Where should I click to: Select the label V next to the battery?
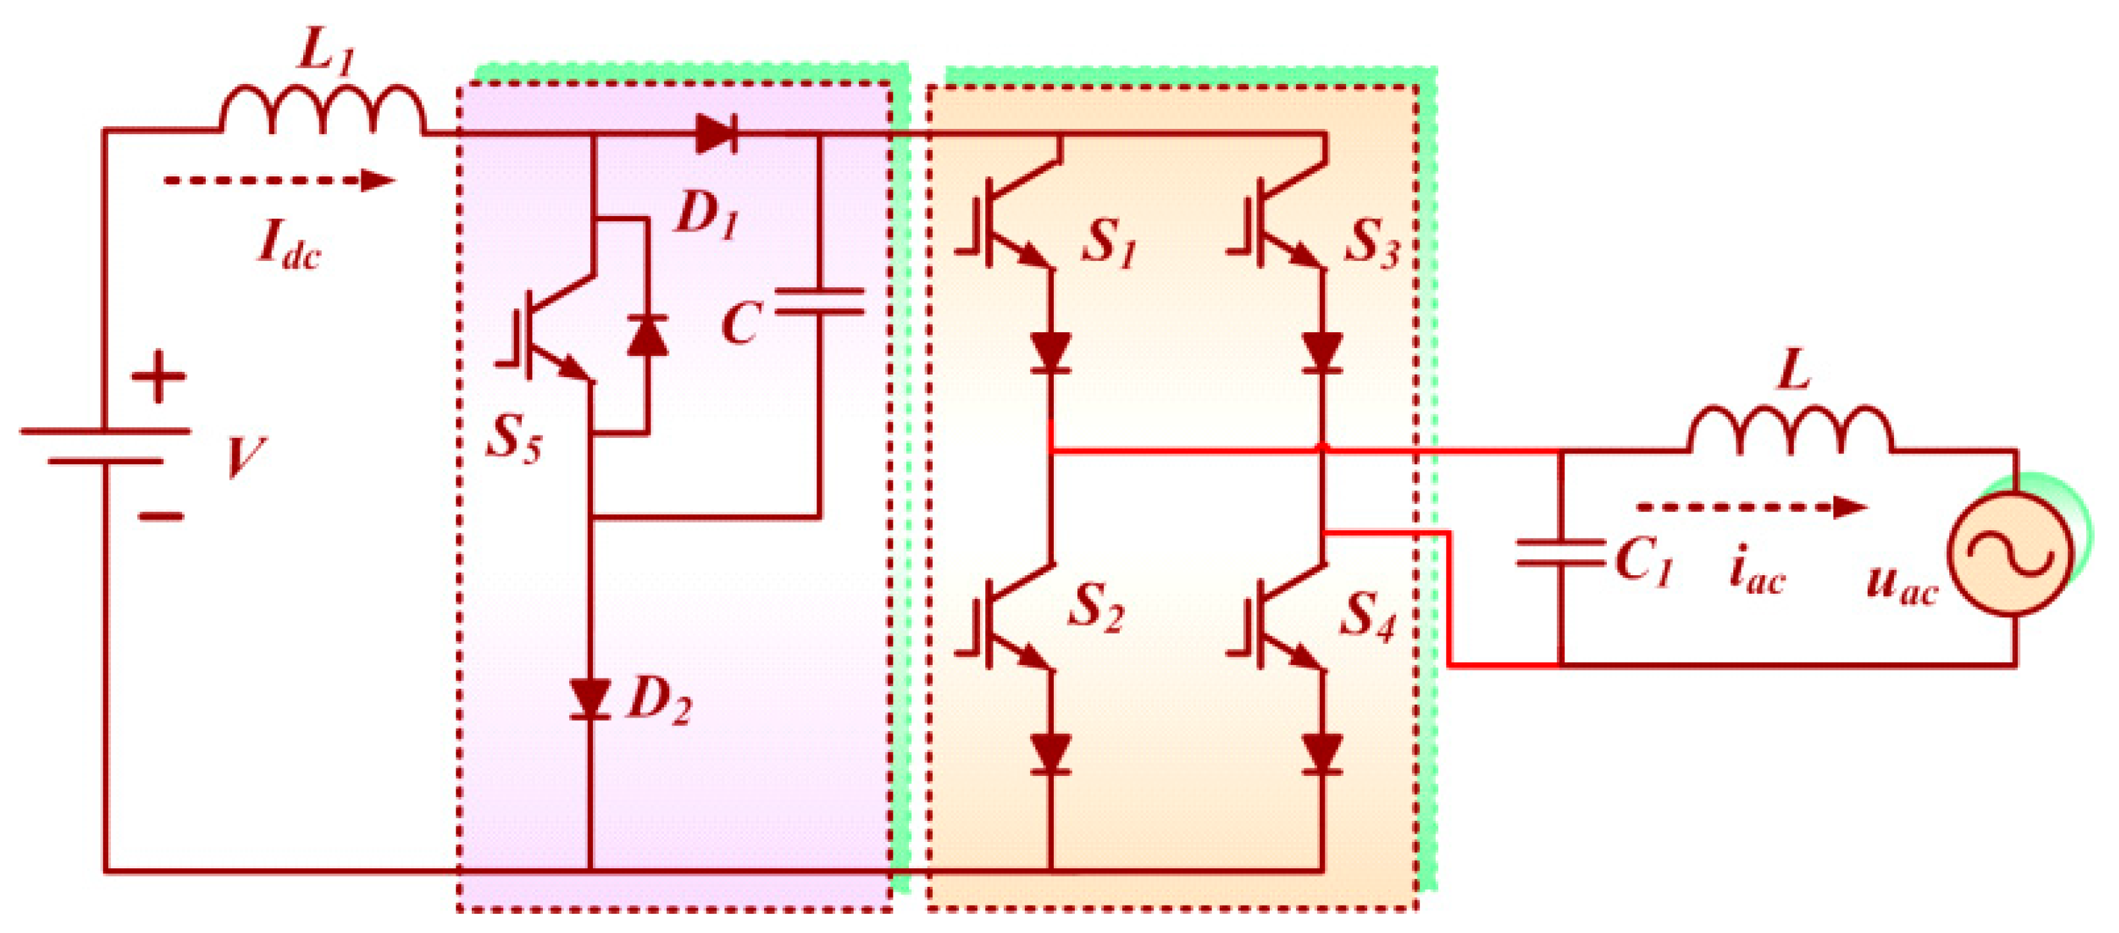(x=244, y=457)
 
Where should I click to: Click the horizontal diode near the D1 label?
(x=716, y=134)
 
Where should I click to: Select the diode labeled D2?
(x=590, y=700)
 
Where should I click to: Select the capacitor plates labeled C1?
(x=1559, y=552)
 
